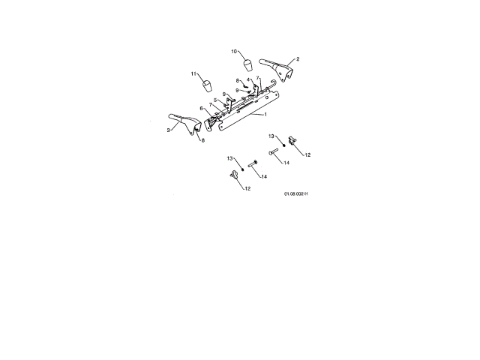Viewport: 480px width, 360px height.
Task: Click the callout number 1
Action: (265, 115)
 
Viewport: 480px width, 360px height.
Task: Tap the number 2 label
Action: (298, 58)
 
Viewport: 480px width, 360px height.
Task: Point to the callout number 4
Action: (248, 79)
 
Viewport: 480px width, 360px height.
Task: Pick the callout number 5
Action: (215, 100)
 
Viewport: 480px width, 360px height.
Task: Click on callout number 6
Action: (201, 108)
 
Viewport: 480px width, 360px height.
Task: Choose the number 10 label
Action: (234, 52)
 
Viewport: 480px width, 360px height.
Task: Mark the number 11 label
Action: (193, 73)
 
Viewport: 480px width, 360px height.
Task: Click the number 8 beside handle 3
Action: (202, 140)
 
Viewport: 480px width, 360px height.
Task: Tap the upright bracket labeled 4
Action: (254, 89)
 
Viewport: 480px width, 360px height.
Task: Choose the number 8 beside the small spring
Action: (238, 80)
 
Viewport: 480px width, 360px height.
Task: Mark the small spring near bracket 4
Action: (246, 85)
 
